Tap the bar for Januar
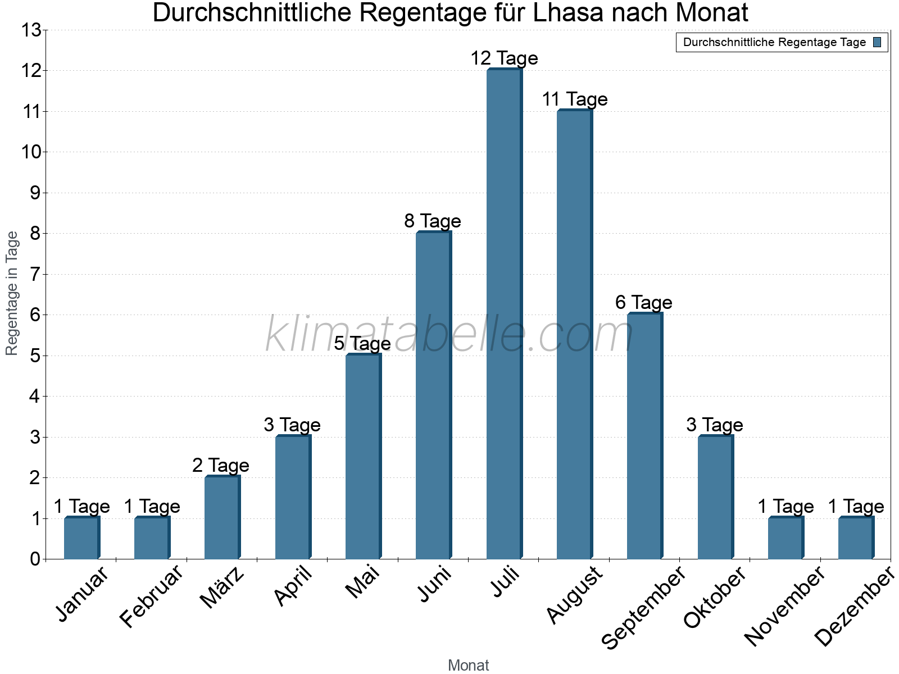point(81,538)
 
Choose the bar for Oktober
point(715,497)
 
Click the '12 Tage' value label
point(504,58)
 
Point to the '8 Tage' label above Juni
point(433,221)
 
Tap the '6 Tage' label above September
point(644,303)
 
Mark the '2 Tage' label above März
point(221,466)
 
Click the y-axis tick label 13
point(31,30)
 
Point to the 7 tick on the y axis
point(35,275)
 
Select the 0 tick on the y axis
point(35,559)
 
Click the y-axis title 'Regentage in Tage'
point(12,293)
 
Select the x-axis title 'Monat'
point(468,666)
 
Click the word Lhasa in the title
point(569,13)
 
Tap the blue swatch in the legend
point(877,42)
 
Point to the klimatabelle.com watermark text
point(449,335)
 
